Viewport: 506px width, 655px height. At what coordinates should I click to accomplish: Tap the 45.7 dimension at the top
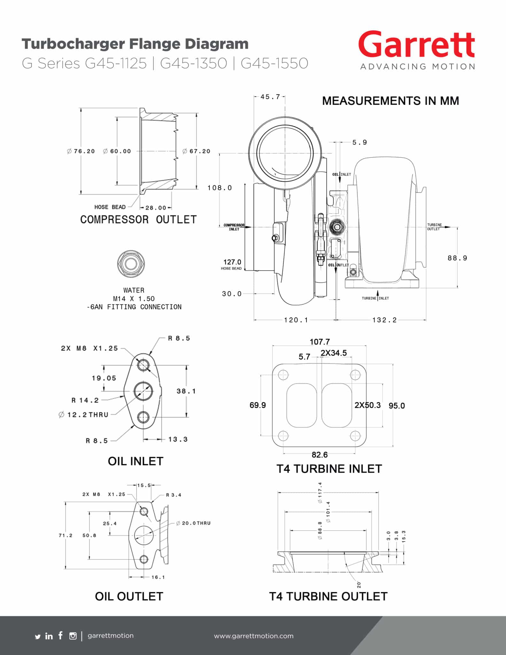coord(270,97)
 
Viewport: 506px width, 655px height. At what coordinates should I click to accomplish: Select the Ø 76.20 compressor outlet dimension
coord(81,151)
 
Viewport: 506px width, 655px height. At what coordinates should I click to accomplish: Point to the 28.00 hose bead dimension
coord(156,208)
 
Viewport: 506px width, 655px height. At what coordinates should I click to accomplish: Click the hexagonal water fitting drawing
coord(130,264)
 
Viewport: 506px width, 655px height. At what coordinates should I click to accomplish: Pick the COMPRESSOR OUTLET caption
coord(138,219)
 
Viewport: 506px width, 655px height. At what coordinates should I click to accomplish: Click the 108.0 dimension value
coord(220,188)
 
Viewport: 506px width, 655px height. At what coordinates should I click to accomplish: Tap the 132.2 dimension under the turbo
coord(385,320)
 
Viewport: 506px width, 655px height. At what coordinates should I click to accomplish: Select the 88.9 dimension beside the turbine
coord(457,258)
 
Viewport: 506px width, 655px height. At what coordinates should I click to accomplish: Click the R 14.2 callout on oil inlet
coord(85,400)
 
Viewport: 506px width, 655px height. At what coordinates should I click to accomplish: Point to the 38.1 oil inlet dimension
coord(186,391)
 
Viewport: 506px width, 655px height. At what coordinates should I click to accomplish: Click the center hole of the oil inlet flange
coord(143,391)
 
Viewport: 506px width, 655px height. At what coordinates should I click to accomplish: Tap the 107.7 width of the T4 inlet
coord(320,342)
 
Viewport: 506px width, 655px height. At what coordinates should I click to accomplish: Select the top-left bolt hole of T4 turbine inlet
coord(283,375)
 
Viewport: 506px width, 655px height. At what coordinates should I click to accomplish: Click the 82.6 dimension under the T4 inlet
coord(320,454)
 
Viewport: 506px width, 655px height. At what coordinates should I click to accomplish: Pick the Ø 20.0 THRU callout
coord(193,523)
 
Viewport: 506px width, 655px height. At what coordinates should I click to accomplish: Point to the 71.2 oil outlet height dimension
coord(66,535)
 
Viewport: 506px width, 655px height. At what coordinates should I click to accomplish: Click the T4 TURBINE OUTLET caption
coord(328,596)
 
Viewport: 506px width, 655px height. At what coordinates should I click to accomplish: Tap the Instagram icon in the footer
coord(73,636)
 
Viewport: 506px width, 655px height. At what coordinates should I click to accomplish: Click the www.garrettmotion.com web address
coord(254,636)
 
